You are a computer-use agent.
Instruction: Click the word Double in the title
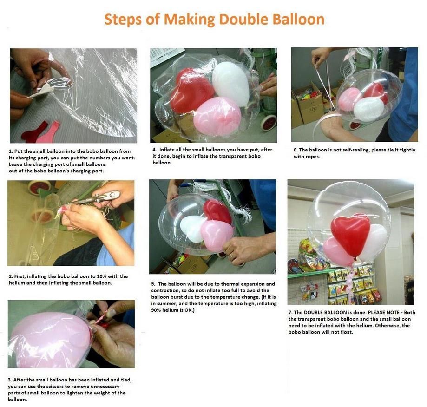(x=244, y=20)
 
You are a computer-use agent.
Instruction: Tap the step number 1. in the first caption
(x=11, y=151)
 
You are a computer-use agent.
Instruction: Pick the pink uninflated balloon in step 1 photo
(x=49, y=132)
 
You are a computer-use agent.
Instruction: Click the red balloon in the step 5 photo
(x=217, y=211)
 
